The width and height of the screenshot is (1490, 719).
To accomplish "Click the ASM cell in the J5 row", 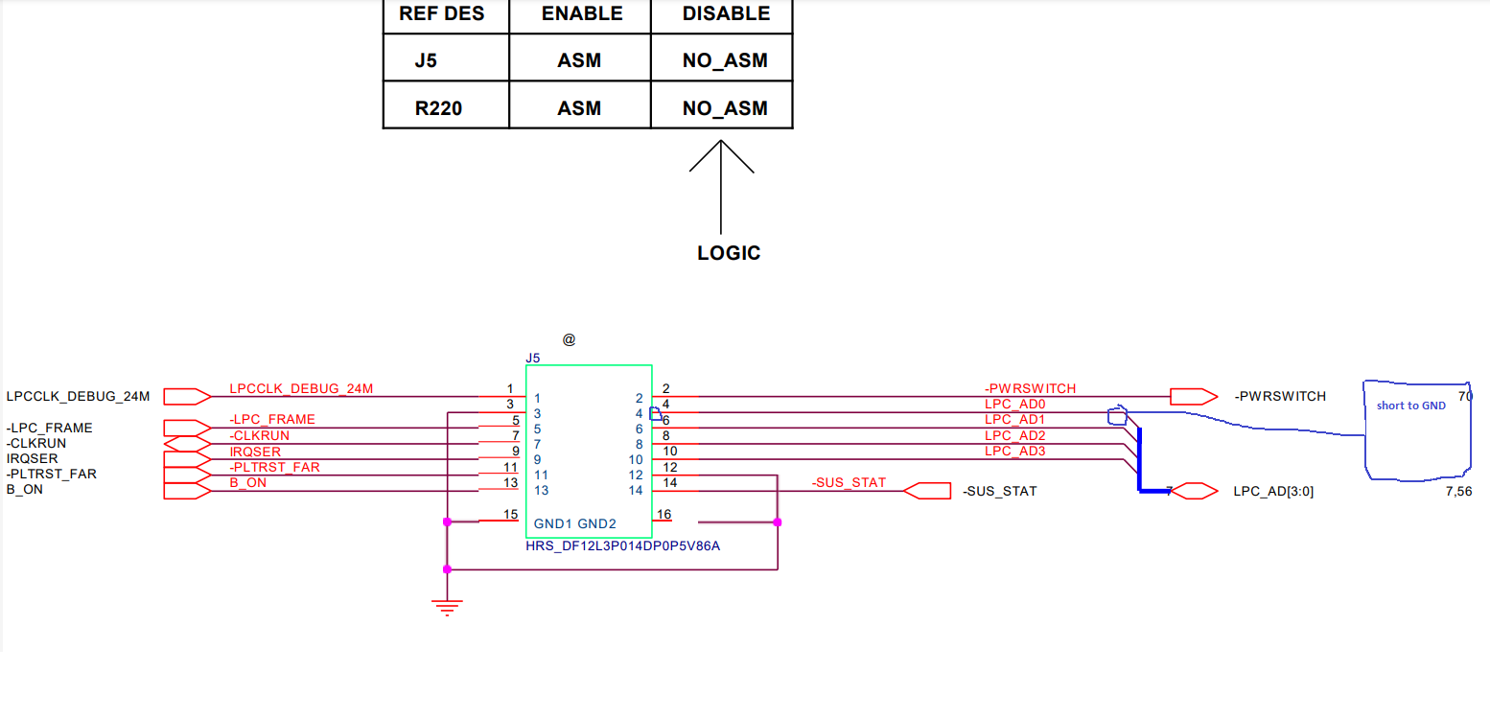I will [x=579, y=60].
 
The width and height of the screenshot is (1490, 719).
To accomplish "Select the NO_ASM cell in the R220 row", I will [x=725, y=108].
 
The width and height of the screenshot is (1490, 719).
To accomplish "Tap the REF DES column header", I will [x=442, y=13].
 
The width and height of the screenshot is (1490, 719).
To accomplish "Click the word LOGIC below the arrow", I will [x=729, y=253].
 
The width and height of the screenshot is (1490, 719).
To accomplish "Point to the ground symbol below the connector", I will [x=447, y=606].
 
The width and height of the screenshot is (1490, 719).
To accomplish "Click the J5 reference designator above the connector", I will [x=533, y=358].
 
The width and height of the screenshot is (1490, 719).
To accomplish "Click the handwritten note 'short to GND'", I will [x=1411, y=406].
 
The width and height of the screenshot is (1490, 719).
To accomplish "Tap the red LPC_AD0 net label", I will [x=1014, y=405].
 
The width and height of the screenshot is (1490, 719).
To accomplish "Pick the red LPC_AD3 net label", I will [x=1014, y=451].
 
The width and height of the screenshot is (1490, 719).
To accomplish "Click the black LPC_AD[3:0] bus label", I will [x=1273, y=492].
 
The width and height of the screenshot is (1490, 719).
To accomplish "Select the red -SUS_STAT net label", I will [x=849, y=482].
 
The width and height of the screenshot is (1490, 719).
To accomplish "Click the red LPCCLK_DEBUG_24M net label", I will [x=301, y=388].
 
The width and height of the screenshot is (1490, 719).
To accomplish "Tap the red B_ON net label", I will [x=248, y=482].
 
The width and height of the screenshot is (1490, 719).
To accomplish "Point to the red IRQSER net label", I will [x=255, y=451].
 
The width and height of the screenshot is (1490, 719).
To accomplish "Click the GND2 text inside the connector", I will [x=596, y=524].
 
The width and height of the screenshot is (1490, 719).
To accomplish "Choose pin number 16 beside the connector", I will [x=664, y=515].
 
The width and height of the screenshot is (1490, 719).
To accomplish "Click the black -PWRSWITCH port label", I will [x=1280, y=396].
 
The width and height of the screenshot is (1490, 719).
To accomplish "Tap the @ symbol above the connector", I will [x=570, y=339].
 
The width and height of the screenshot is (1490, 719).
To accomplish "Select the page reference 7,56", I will [x=1457, y=492].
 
